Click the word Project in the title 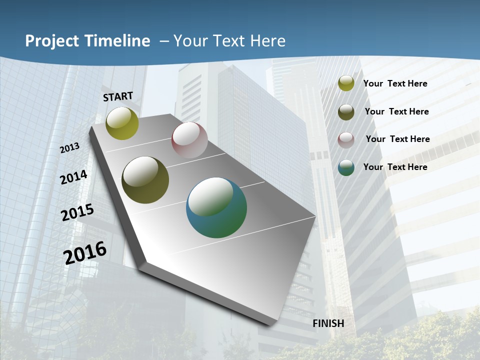[x=52, y=41]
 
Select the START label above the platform [x=118, y=96]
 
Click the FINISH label [x=328, y=323]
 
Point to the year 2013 [x=69, y=148]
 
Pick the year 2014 [x=73, y=177]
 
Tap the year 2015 [x=77, y=212]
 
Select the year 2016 [x=85, y=252]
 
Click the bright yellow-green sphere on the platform [x=122, y=123]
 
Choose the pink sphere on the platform [x=189, y=139]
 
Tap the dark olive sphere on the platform [x=145, y=180]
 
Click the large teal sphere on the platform [x=216, y=207]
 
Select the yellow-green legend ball [x=346, y=83]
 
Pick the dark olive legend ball [x=346, y=112]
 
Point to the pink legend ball [x=346, y=140]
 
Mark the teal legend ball [x=346, y=167]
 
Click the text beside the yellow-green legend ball [x=395, y=83]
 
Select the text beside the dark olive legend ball [x=396, y=111]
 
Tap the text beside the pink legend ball [x=397, y=139]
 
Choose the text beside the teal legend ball [x=395, y=167]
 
